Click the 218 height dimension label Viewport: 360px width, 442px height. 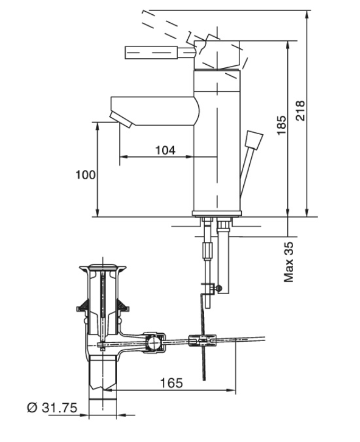[x=300, y=110]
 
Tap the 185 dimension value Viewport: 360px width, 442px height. [x=281, y=125]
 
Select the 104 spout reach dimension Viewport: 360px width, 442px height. [x=165, y=150]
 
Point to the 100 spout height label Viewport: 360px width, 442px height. [x=85, y=175]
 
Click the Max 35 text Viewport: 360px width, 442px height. [x=289, y=262]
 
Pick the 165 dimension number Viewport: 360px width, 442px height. [x=171, y=383]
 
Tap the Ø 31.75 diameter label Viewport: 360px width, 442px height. [x=52, y=408]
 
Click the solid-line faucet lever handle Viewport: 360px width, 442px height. [x=160, y=53]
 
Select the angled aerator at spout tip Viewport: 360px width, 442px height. [x=121, y=120]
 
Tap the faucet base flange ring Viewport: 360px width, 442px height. [x=217, y=213]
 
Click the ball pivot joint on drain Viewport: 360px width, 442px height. [x=154, y=342]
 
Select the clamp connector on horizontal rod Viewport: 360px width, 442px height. [x=202, y=340]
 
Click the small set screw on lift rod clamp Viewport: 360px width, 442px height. [x=219, y=288]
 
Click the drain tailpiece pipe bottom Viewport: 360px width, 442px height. [x=102, y=404]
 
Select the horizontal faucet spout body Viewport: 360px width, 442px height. [x=155, y=111]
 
